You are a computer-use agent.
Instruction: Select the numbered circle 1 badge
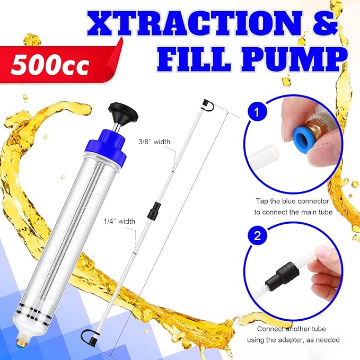[x=256, y=112]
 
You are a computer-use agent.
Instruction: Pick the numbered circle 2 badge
[x=256, y=236]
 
